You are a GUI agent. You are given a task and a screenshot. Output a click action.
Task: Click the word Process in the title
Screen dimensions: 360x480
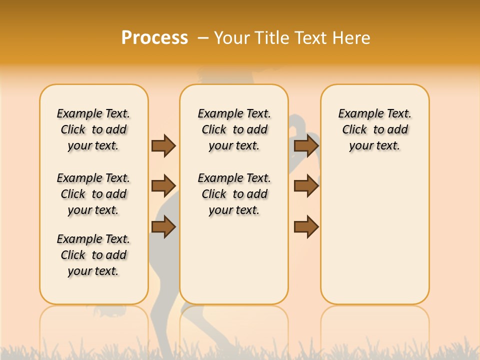pyautogui.click(x=154, y=38)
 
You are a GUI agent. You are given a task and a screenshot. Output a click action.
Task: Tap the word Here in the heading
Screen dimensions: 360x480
pyautogui.click(x=350, y=38)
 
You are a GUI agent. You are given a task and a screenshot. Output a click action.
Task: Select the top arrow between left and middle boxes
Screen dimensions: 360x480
pyautogui.click(x=163, y=145)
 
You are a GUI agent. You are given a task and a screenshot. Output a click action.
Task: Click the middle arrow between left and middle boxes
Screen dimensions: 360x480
pyautogui.click(x=163, y=186)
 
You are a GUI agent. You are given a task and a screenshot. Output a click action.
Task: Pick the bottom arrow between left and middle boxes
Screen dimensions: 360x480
pyautogui.click(x=163, y=227)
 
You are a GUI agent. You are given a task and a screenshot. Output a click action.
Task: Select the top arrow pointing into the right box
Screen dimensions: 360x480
pyautogui.click(x=306, y=145)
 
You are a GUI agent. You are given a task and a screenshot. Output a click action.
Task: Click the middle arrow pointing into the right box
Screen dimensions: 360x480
pyautogui.click(x=306, y=186)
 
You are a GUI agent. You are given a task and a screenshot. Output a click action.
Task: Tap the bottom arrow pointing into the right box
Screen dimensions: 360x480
pyautogui.click(x=306, y=227)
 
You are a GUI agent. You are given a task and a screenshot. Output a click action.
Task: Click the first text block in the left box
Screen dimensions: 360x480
pyautogui.click(x=93, y=129)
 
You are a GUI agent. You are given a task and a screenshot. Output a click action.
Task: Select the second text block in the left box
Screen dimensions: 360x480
pyautogui.click(x=93, y=194)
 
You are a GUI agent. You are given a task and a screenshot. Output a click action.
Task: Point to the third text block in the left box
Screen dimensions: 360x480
pyautogui.click(x=93, y=255)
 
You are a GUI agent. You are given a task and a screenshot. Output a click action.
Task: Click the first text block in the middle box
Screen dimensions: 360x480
pyautogui.click(x=234, y=129)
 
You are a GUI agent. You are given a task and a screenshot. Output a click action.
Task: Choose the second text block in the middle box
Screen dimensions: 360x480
pyautogui.click(x=234, y=194)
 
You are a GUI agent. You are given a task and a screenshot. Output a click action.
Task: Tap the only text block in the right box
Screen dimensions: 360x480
pyautogui.click(x=374, y=129)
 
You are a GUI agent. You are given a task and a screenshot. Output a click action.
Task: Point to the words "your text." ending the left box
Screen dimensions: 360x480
pyautogui.click(x=93, y=271)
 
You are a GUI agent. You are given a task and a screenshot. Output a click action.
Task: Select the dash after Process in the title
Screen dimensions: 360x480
pyautogui.click(x=203, y=38)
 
